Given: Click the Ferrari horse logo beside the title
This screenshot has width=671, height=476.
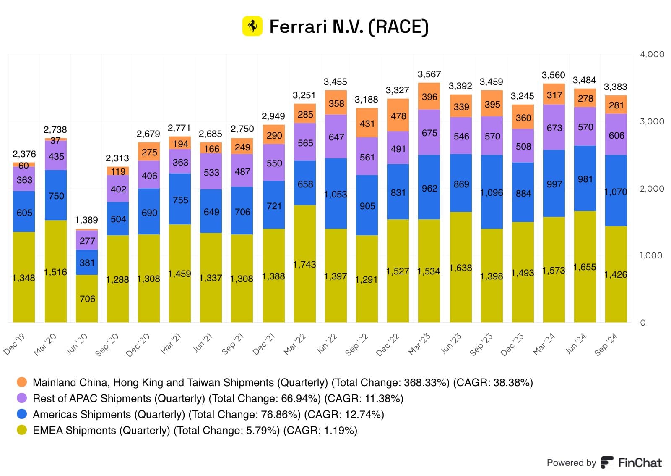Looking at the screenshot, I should pos(252,26).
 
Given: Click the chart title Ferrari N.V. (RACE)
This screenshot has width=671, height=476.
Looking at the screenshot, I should pos(349,26).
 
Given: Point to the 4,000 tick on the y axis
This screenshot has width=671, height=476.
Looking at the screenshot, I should pos(652,54).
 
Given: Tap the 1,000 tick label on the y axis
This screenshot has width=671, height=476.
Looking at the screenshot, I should pos(650,255).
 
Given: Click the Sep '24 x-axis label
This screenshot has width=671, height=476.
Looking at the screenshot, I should pos(606,344).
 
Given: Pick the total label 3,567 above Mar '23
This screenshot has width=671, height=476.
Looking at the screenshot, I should pos(429,74).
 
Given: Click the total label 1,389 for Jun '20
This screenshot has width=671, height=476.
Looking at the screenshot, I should pos(86,220).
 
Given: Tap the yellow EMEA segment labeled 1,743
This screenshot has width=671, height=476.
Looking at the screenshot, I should pos(304,264).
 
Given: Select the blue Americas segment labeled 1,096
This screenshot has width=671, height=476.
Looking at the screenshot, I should pos(492,193).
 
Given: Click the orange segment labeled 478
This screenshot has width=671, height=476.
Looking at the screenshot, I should pos(398,116).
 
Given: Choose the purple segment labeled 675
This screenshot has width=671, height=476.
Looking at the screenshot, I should pos(429,133).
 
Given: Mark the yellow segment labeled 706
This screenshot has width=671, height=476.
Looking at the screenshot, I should pos(87,299).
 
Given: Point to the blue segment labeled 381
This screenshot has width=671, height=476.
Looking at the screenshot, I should pos(87,263).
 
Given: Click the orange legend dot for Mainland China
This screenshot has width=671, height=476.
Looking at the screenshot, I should pos(22,382).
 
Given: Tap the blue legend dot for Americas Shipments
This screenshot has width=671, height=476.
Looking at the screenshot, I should pos(22,414).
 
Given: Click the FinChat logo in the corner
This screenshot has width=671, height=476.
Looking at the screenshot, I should pos(632,463).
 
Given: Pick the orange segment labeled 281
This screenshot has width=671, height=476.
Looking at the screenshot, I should pos(616,105).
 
